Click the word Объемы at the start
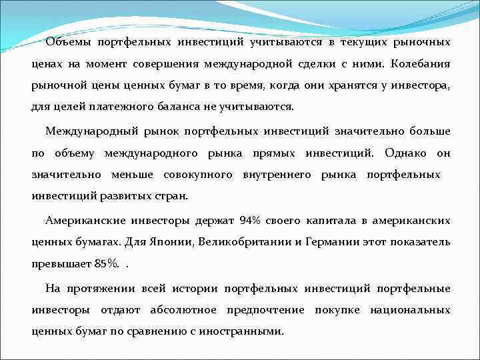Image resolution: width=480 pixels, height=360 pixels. (69, 43)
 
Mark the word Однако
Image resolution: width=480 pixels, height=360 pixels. (408, 153)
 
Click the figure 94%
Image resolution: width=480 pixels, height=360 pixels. (251, 219)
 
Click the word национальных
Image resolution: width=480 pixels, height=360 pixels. (410, 310)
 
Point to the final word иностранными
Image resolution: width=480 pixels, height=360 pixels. (247, 331)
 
